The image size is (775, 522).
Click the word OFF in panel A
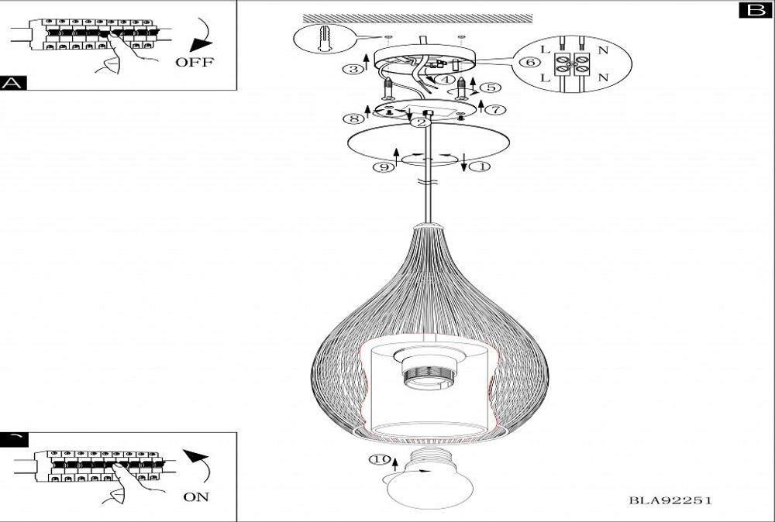[x=195, y=62]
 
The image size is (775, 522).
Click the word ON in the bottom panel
[x=196, y=496]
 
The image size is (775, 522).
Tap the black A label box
[x=13, y=83]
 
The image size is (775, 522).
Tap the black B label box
[x=755, y=10]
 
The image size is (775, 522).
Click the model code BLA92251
[x=670, y=500]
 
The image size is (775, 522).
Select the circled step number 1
[x=481, y=167]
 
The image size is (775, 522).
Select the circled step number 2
[x=421, y=122]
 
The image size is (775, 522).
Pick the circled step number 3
[x=353, y=69]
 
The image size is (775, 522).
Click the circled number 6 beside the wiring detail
[x=530, y=62]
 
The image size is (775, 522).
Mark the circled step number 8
[x=353, y=118]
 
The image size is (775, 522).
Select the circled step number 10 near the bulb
[x=380, y=460]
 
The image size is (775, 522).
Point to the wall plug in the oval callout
[x=325, y=38]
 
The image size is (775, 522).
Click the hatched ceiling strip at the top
[x=418, y=19]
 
